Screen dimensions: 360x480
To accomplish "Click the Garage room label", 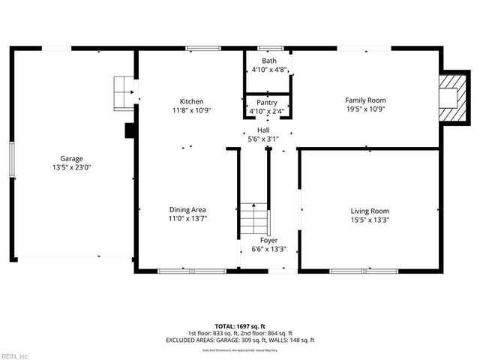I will pos(72,158).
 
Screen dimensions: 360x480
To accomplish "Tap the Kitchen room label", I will pos(190,101).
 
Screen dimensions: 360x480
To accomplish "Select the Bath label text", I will pos(268,61).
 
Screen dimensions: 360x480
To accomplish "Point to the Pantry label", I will pos(267,103).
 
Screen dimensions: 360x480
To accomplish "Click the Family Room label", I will pos(365,100).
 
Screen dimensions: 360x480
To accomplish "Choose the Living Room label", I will pos(370,211).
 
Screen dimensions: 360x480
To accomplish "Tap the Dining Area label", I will pos(187,209).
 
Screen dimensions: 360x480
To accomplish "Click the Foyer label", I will pos(268,240).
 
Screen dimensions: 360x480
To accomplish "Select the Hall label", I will pos(263,130).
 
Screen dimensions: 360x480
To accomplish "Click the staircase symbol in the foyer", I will pos(253,219).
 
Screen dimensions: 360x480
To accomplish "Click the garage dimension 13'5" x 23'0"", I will pos(72,168).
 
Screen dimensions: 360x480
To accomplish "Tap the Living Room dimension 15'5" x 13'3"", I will pos(370,220).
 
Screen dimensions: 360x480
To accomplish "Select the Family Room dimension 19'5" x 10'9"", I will pos(365,109).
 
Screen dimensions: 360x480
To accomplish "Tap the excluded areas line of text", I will pos(239,340).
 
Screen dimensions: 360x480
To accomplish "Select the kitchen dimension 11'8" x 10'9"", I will pos(190,110).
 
